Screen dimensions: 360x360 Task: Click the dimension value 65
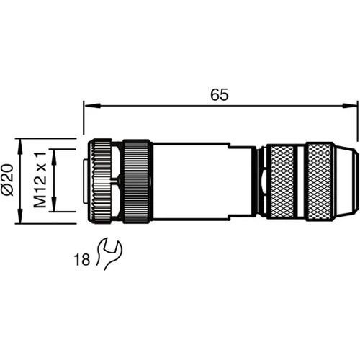tap(220, 95)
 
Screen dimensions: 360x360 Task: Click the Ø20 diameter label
tap(8, 181)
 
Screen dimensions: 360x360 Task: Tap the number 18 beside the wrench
tap(82, 259)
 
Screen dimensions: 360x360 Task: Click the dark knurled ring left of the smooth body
tap(135, 181)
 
